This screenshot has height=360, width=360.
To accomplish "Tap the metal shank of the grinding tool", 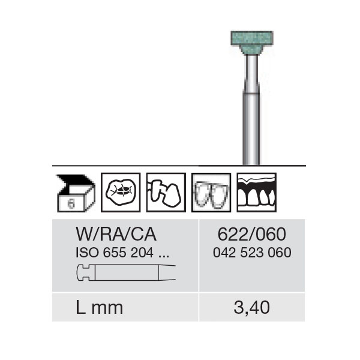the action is [x=251, y=110].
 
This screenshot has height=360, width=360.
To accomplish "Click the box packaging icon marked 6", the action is [x=76, y=193].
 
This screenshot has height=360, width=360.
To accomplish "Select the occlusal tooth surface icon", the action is [x=121, y=193].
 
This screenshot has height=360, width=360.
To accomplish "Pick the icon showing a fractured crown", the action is [x=166, y=193].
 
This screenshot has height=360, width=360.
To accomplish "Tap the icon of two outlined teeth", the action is [x=211, y=193].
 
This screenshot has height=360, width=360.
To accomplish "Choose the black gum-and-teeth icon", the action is [x=256, y=193].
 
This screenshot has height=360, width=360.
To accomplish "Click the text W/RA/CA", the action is [x=116, y=235].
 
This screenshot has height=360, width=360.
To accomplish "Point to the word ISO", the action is [x=88, y=253].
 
